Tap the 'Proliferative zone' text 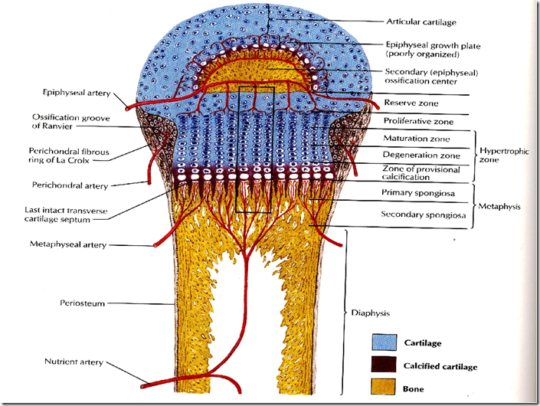pyautogui.click(x=417, y=121)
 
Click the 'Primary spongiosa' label pyautogui.click(x=414, y=193)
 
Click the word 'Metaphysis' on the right pyautogui.click(x=502, y=205)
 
